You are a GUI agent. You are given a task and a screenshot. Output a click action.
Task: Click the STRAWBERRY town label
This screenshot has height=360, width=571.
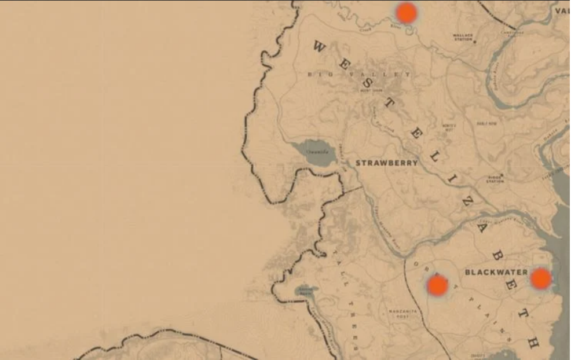386,163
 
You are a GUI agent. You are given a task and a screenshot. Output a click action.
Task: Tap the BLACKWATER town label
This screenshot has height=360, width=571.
496,272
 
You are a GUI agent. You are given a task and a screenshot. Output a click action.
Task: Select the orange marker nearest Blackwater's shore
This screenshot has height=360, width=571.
540,278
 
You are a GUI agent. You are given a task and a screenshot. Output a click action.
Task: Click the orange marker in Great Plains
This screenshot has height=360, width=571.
437,285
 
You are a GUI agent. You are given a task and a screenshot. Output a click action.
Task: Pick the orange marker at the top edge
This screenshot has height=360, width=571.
406,12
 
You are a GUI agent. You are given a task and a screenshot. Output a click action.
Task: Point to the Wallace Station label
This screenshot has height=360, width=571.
463,37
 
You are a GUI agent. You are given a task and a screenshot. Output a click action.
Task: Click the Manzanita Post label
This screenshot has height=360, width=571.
402,314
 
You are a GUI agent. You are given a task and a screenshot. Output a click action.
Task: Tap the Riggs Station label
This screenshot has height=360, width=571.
495,179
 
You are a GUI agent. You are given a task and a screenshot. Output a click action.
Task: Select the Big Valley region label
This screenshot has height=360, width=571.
359,74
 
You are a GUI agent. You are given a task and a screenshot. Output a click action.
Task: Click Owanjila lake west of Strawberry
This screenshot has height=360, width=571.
316,153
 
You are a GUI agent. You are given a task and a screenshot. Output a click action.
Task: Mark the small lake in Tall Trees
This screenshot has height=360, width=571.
306,291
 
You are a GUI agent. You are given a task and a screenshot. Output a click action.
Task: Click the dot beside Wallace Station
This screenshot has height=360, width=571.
475,42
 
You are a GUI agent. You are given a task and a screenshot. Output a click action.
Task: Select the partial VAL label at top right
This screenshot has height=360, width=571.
562,10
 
